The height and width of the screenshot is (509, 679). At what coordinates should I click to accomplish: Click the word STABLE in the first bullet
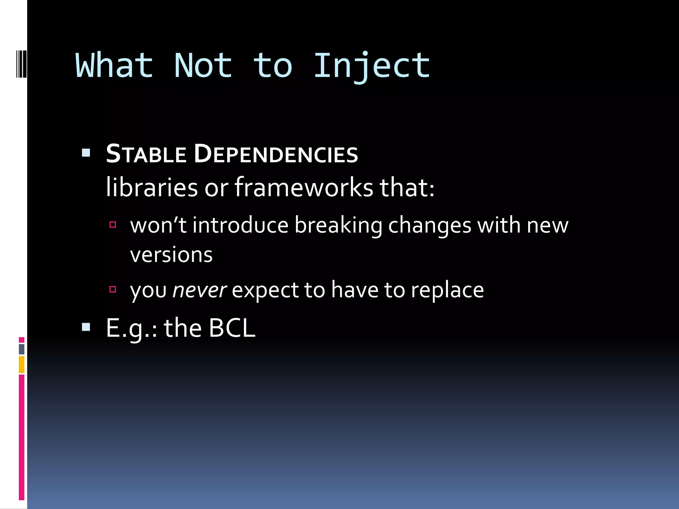[146, 154]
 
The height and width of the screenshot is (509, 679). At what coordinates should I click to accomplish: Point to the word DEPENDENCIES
[276, 154]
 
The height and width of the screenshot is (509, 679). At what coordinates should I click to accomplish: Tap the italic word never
[200, 290]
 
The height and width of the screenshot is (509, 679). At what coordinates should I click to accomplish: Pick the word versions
[171, 255]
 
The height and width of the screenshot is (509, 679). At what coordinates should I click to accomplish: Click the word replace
[447, 290]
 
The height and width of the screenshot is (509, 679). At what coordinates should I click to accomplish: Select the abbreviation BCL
[232, 328]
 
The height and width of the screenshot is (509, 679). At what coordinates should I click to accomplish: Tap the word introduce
[240, 225]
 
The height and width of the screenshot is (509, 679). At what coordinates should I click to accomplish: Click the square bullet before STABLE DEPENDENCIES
[86, 153]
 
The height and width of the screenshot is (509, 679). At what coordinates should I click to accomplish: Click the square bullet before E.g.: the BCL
[86, 327]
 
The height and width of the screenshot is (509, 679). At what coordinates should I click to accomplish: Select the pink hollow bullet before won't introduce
[113, 225]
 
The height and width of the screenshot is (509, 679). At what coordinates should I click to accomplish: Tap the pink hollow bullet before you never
[113, 290]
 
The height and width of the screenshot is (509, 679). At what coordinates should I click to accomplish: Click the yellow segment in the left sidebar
[22, 365]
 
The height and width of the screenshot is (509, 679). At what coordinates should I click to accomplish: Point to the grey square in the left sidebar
[22, 349]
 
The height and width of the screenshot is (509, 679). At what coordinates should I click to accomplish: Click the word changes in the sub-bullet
[430, 225]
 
